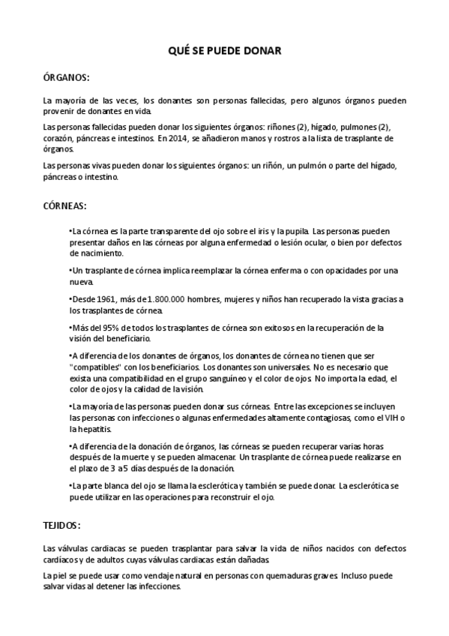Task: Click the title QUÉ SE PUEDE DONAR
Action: [x=224, y=51]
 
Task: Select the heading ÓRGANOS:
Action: [x=66, y=77]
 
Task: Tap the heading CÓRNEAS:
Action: [x=65, y=205]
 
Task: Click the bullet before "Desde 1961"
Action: [x=70, y=299]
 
